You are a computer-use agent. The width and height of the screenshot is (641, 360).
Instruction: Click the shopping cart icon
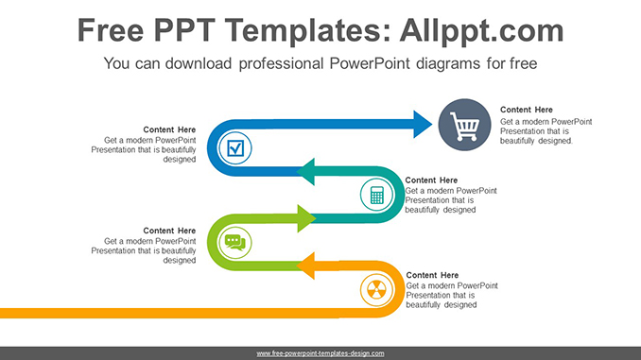point(464,127)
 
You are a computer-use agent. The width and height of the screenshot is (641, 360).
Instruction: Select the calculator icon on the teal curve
point(376,196)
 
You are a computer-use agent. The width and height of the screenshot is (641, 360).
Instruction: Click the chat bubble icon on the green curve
point(234,243)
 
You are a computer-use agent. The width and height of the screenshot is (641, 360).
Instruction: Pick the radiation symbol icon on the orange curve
point(376,288)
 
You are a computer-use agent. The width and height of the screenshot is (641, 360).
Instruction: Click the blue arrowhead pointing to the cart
point(422,123)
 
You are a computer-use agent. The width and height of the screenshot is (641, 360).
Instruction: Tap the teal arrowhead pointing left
point(309,172)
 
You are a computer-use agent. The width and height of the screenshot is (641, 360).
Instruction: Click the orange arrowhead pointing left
point(309,266)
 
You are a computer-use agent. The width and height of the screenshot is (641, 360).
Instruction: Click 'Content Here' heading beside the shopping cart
point(528,110)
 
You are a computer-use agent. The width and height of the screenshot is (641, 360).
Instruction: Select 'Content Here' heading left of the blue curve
point(169,129)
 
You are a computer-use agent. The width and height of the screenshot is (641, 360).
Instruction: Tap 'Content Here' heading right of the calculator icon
point(431,180)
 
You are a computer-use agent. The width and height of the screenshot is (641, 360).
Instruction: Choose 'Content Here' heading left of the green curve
point(169,231)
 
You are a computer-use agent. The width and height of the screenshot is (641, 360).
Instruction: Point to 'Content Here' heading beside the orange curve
point(432,275)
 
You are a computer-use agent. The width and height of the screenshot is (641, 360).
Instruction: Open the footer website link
point(320,352)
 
